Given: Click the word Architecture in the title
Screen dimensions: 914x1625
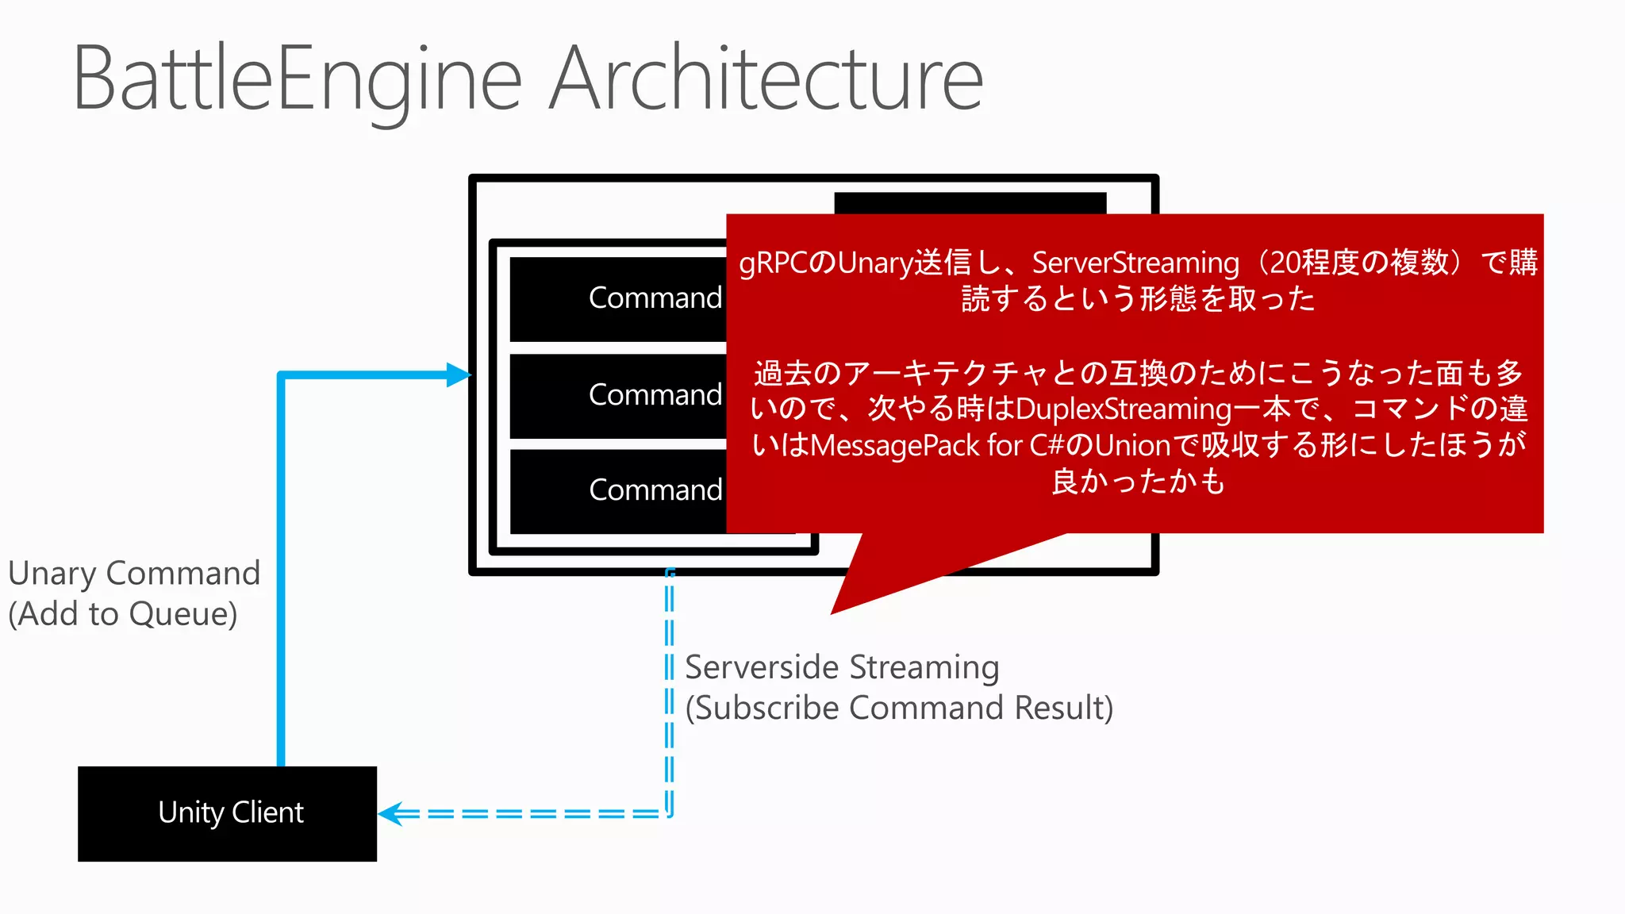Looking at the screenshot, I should point(766,79).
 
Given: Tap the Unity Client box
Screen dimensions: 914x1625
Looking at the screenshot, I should point(228,813).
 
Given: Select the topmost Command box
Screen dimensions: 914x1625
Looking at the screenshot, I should point(619,298).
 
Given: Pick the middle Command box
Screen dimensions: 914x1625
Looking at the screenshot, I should point(619,395).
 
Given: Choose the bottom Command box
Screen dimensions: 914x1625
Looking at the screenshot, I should point(619,490).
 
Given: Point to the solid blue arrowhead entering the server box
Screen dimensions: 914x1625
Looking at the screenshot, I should point(459,374).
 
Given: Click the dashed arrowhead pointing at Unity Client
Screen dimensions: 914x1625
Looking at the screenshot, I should point(390,814).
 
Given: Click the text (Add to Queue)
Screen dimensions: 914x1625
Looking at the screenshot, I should point(123,614).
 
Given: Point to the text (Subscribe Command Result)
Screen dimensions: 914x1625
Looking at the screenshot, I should point(899,708).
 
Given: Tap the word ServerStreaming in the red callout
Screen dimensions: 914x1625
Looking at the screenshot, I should point(1135,263).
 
